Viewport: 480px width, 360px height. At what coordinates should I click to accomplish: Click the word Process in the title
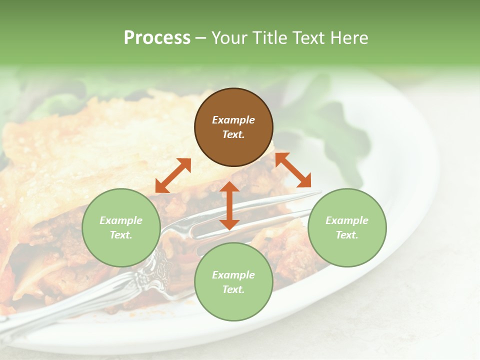[x=157, y=38]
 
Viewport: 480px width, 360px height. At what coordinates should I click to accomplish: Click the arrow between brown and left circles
[x=173, y=175]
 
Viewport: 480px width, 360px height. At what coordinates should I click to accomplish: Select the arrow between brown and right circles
[x=293, y=170]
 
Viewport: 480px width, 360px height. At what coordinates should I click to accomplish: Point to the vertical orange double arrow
[x=229, y=205]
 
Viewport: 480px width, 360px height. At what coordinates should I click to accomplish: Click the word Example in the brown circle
[x=233, y=120]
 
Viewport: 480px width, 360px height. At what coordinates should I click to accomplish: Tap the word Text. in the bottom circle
[x=233, y=289]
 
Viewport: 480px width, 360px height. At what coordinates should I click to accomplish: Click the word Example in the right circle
[x=347, y=220]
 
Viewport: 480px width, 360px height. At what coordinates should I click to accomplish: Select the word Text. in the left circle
[x=121, y=235]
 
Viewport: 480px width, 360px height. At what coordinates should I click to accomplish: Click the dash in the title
[x=200, y=38]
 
